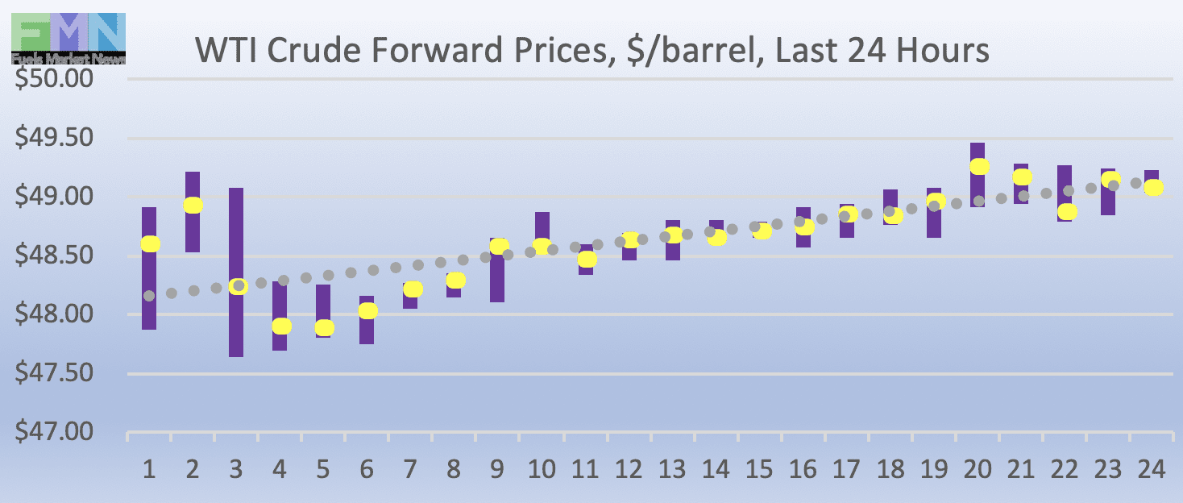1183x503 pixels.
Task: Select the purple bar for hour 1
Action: (149, 290)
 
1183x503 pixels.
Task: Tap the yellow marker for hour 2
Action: (193, 206)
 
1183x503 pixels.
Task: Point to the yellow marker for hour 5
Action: (324, 328)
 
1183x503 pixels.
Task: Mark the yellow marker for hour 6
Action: (367, 311)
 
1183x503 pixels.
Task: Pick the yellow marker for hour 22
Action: (1067, 212)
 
